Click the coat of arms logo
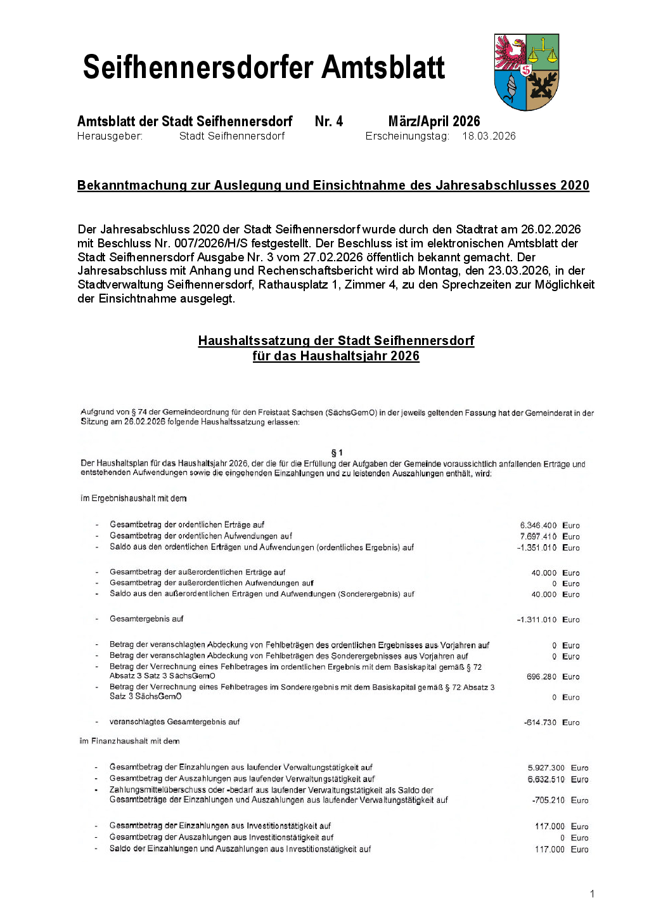coord(527,72)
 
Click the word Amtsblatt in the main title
coord(383,68)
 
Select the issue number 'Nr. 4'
coord(328,121)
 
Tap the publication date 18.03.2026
coord(489,136)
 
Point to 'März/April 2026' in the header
coord(434,121)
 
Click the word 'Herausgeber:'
coord(110,136)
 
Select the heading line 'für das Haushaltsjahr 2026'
coord(336,356)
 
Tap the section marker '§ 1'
coord(337,452)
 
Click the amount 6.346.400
coord(538,525)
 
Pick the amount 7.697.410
coord(538,537)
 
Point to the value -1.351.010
coord(536,547)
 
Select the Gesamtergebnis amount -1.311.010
coord(536,620)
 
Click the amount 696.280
coord(541,677)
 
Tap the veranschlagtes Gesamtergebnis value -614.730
coord(540,722)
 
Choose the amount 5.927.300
coord(546,767)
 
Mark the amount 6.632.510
coord(546,779)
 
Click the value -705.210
coord(548,800)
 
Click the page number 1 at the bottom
coord(592,894)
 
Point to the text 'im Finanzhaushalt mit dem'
coord(129,741)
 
